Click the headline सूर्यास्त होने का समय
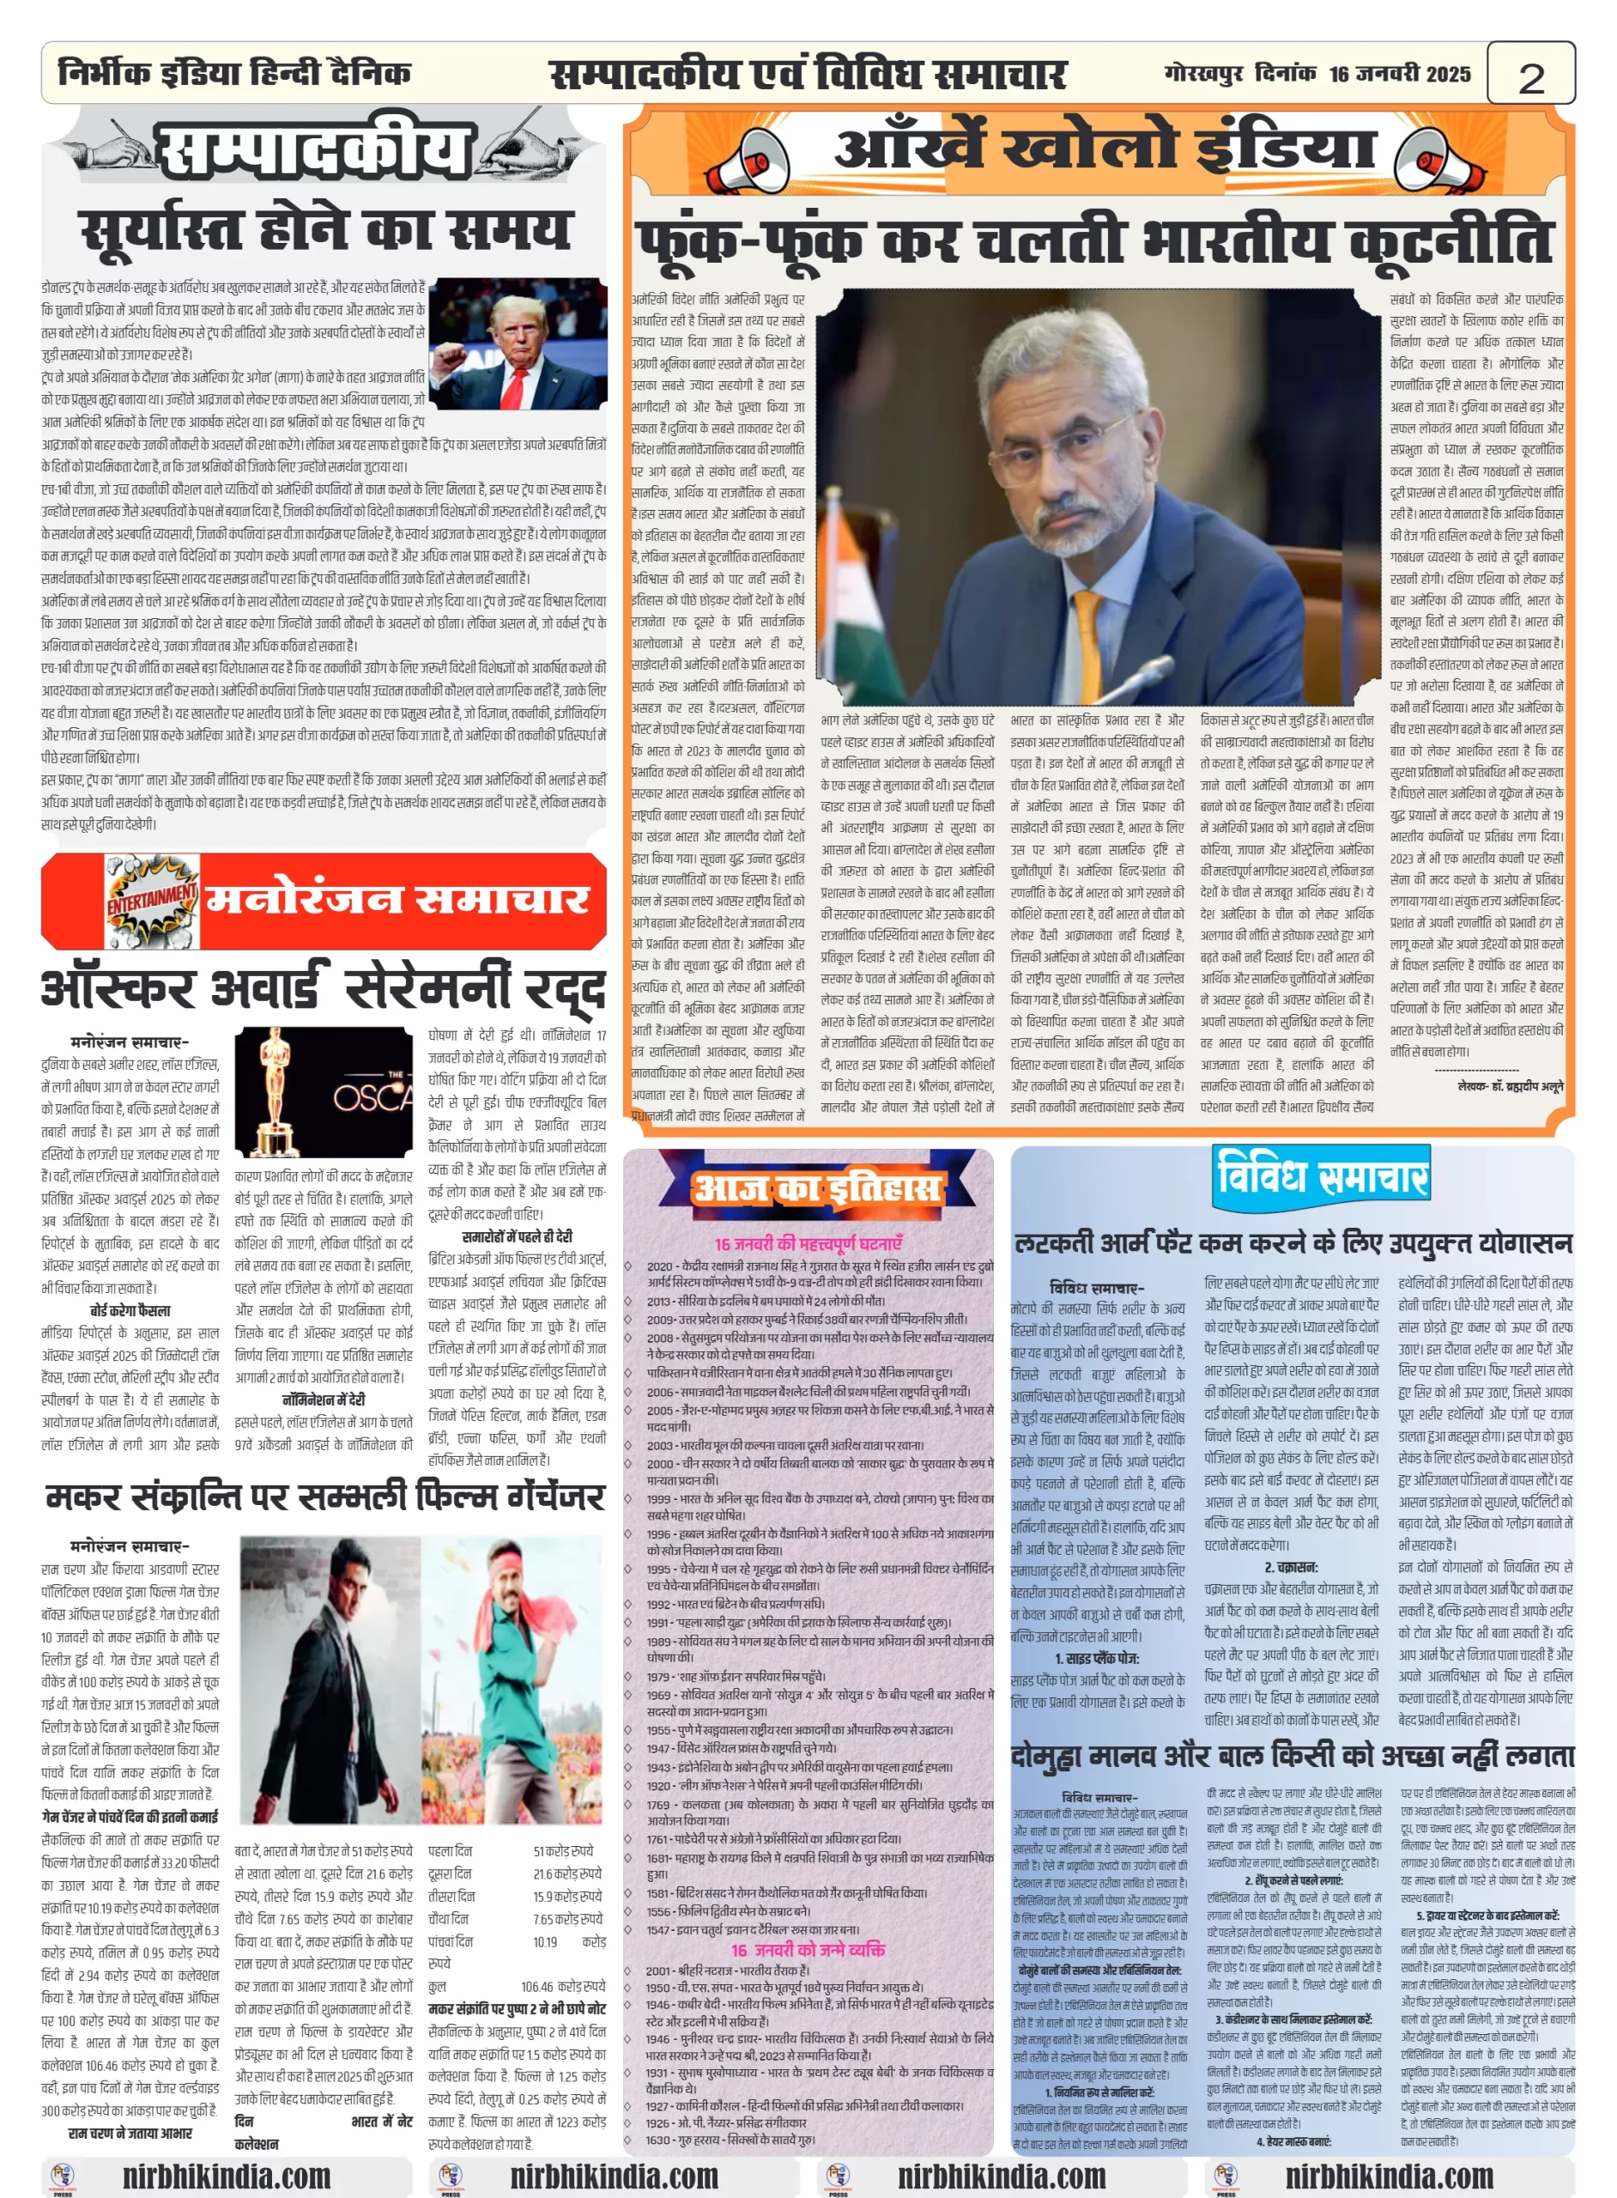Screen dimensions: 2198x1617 click(325, 231)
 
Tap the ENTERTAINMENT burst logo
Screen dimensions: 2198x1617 click(152, 897)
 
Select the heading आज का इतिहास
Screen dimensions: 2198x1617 click(817, 1187)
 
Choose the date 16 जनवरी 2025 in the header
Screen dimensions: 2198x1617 click(1399, 75)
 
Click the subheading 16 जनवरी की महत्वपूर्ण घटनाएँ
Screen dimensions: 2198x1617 click(808, 1243)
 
